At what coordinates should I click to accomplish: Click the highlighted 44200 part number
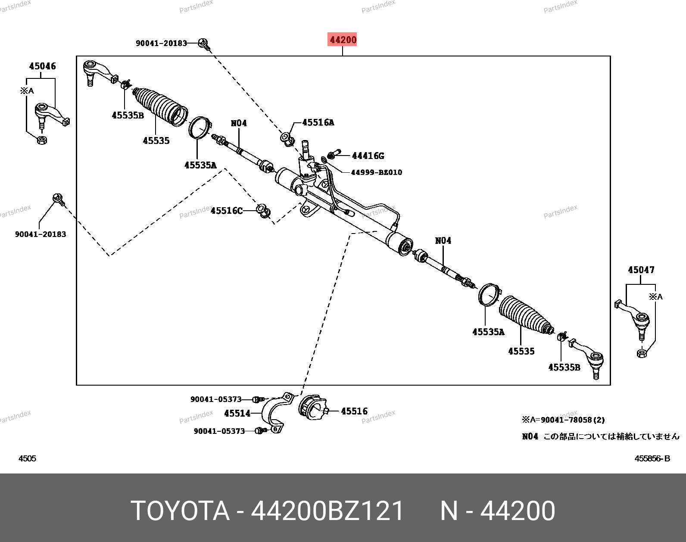point(342,40)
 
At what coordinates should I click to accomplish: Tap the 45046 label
point(42,66)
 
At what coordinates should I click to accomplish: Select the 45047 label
point(641,270)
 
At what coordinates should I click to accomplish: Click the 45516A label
point(318,122)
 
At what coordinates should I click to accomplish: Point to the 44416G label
point(368,156)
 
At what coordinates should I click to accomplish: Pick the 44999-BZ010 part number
point(377,172)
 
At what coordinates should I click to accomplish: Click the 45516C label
point(226,210)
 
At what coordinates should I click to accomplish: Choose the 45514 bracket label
point(237,413)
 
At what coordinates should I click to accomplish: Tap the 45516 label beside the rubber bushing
point(354,411)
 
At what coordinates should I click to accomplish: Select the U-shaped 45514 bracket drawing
point(274,413)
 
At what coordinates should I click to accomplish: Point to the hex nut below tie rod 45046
point(42,140)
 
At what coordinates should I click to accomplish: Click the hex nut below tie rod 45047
point(642,353)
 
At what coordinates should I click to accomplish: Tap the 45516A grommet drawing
point(287,139)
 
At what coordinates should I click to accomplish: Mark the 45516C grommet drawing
point(264,211)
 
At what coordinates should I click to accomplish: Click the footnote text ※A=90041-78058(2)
point(563,420)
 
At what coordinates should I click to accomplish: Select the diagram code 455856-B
point(652,458)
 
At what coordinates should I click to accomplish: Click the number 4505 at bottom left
point(28,458)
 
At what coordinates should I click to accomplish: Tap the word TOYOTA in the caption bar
point(180,511)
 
